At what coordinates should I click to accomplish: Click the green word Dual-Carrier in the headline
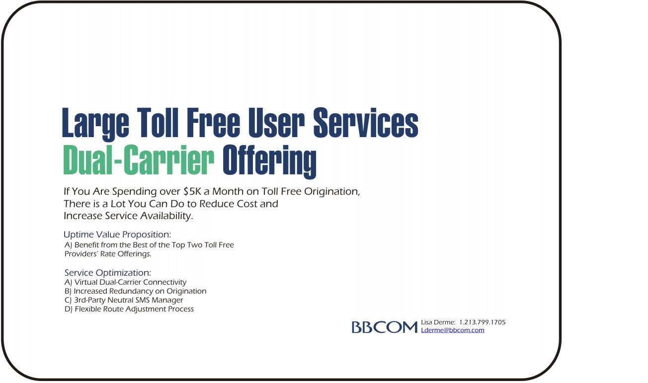tap(139, 159)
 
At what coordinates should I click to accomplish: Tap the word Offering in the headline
tap(269, 161)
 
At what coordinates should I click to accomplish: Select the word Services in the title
tap(366, 123)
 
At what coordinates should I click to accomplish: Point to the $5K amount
tap(192, 192)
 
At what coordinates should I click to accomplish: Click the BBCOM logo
tap(385, 327)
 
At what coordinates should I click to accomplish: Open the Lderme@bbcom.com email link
tap(452, 330)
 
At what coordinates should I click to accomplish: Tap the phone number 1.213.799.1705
tap(482, 322)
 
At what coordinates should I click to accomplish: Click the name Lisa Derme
tap(438, 322)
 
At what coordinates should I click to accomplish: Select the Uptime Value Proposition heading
tap(117, 234)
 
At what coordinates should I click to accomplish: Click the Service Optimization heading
tap(108, 273)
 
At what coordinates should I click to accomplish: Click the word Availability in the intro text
tap(166, 216)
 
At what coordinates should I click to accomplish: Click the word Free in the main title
tap(213, 123)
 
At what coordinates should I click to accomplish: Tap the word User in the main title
tap(276, 123)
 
